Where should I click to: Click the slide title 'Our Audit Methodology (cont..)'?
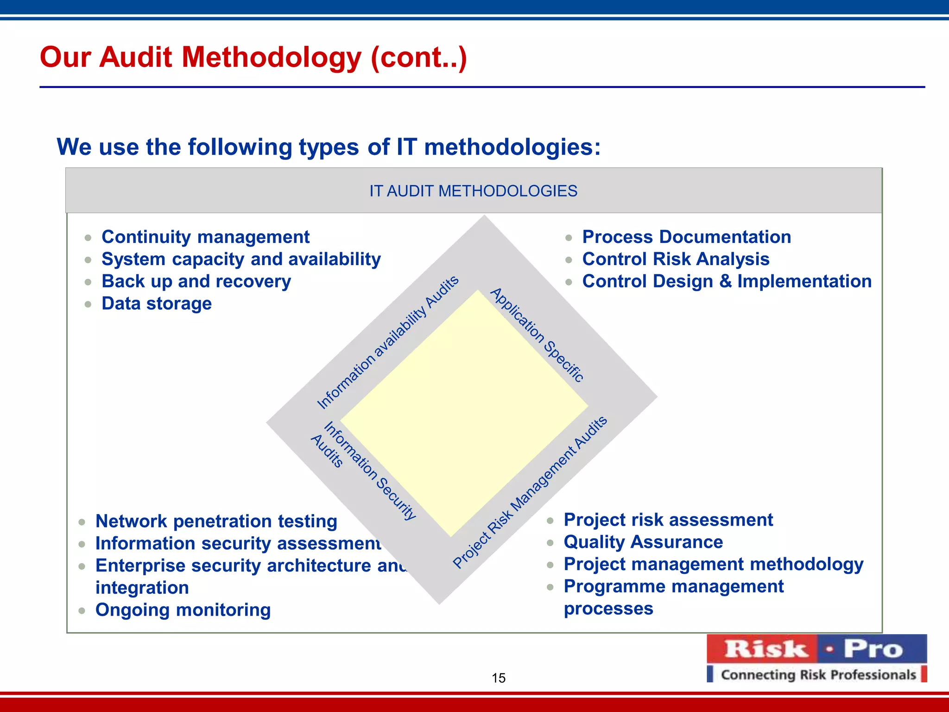coord(253,57)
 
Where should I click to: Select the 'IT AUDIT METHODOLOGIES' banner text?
coord(473,191)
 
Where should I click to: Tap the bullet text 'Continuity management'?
coord(205,237)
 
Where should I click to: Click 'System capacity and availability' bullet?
coord(241,259)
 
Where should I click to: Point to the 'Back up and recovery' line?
coord(196,281)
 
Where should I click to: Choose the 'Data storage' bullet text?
coord(157,304)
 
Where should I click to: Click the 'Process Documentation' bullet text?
coord(686,237)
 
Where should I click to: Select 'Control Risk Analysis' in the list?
coord(676,259)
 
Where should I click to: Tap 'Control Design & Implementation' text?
coord(727,281)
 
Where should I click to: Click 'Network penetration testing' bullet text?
coord(216,521)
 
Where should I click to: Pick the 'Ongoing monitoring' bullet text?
coord(183,610)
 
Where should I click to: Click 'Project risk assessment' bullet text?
coord(668,520)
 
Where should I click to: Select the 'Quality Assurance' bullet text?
coord(643,542)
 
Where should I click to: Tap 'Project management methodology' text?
coord(713,564)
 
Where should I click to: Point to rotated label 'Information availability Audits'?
coord(387,342)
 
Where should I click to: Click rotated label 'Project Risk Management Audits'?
coord(530,492)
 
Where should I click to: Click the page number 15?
coord(498,678)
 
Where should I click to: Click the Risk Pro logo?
coord(816,648)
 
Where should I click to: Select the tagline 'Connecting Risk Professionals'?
coord(818,674)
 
